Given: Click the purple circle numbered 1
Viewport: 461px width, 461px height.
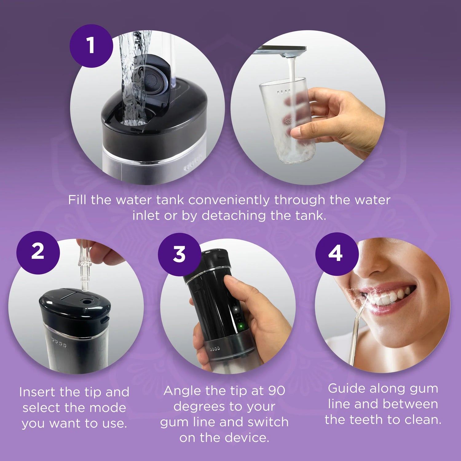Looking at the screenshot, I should coord(91,46).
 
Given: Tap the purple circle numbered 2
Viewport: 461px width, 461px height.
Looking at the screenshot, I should coord(38,252).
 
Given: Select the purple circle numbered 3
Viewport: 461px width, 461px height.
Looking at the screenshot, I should coord(179,254).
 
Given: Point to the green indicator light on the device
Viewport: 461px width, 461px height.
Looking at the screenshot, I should coord(241,325).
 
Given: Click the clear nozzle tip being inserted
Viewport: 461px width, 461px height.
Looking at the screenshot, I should coord(84,270).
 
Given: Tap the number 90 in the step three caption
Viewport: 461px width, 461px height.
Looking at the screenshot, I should coord(277,391).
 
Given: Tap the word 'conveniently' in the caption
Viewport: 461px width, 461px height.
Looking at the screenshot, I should coord(229,200).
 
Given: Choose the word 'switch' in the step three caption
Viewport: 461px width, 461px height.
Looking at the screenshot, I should coord(268,422).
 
